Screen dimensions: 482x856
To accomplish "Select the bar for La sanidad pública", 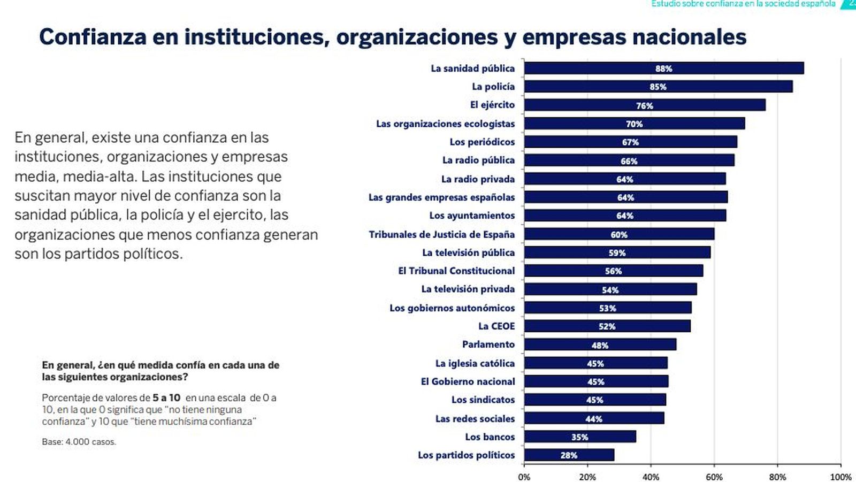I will [663, 68].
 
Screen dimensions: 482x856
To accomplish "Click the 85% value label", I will [658, 87].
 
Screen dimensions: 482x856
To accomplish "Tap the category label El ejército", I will [492, 105].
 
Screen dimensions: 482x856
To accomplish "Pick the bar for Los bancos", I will [580, 437].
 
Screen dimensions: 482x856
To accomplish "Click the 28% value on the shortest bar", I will [569, 455].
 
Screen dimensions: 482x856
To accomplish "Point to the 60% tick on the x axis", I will [714, 477].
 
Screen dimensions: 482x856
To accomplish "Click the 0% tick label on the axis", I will [524, 477].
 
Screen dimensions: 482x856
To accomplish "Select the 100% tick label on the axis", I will [840, 477].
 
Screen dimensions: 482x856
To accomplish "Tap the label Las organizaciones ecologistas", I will [445, 124].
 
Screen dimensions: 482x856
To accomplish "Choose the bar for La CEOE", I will [607, 326].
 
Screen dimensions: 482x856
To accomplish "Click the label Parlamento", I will [488, 345].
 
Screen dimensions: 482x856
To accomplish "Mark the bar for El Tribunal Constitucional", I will [613, 271].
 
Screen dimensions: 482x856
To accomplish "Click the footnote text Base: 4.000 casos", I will [79, 442].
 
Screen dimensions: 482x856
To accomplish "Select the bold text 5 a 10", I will [166, 397].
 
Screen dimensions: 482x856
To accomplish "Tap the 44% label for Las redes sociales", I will [593, 419].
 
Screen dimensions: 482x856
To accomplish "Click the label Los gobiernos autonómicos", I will [452, 308].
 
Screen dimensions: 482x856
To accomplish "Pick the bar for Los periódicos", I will [630, 142].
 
